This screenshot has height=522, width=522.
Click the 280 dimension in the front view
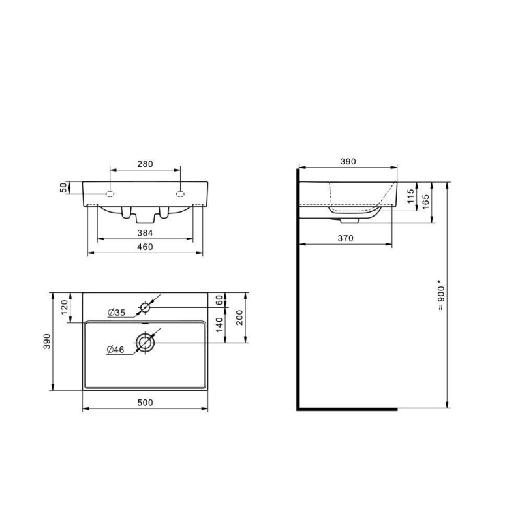click(145, 164)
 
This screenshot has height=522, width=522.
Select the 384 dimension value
click(145, 232)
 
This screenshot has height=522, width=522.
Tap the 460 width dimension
click(145, 247)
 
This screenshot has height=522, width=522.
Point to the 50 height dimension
click(63, 187)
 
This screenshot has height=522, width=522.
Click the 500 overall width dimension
click(145, 403)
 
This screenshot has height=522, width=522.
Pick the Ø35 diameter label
click(115, 313)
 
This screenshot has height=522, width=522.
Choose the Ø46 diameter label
click(115, 350)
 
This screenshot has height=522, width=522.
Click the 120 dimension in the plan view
click(64, 308)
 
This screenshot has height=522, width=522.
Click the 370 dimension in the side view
click(345, 239)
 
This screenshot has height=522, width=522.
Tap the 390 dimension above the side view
click(348, 162)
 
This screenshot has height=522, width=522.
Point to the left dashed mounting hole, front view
click(110, 193)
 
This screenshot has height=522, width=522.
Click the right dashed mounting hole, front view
click(180, 193)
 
